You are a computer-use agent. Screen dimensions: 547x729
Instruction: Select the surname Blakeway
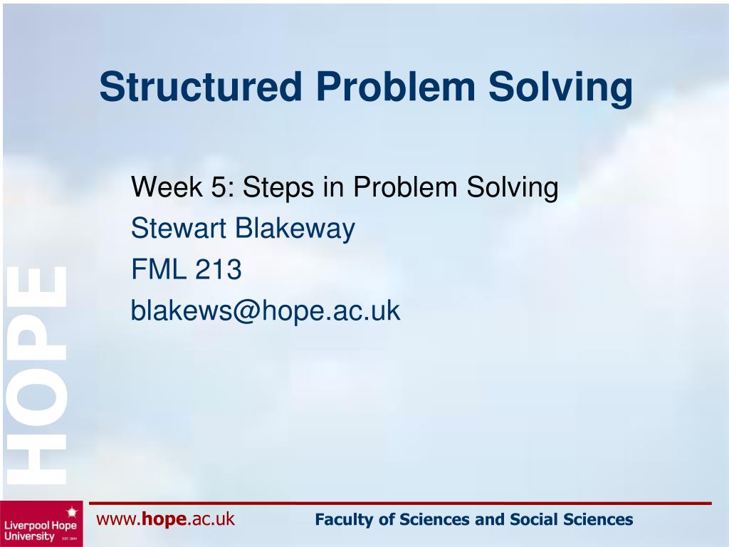295,229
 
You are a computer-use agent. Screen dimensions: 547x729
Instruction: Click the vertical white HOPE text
37,375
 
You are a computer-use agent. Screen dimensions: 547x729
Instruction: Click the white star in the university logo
70,511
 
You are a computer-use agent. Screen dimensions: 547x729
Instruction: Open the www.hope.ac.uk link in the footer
165,519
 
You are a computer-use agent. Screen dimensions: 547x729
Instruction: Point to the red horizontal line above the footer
399,504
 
